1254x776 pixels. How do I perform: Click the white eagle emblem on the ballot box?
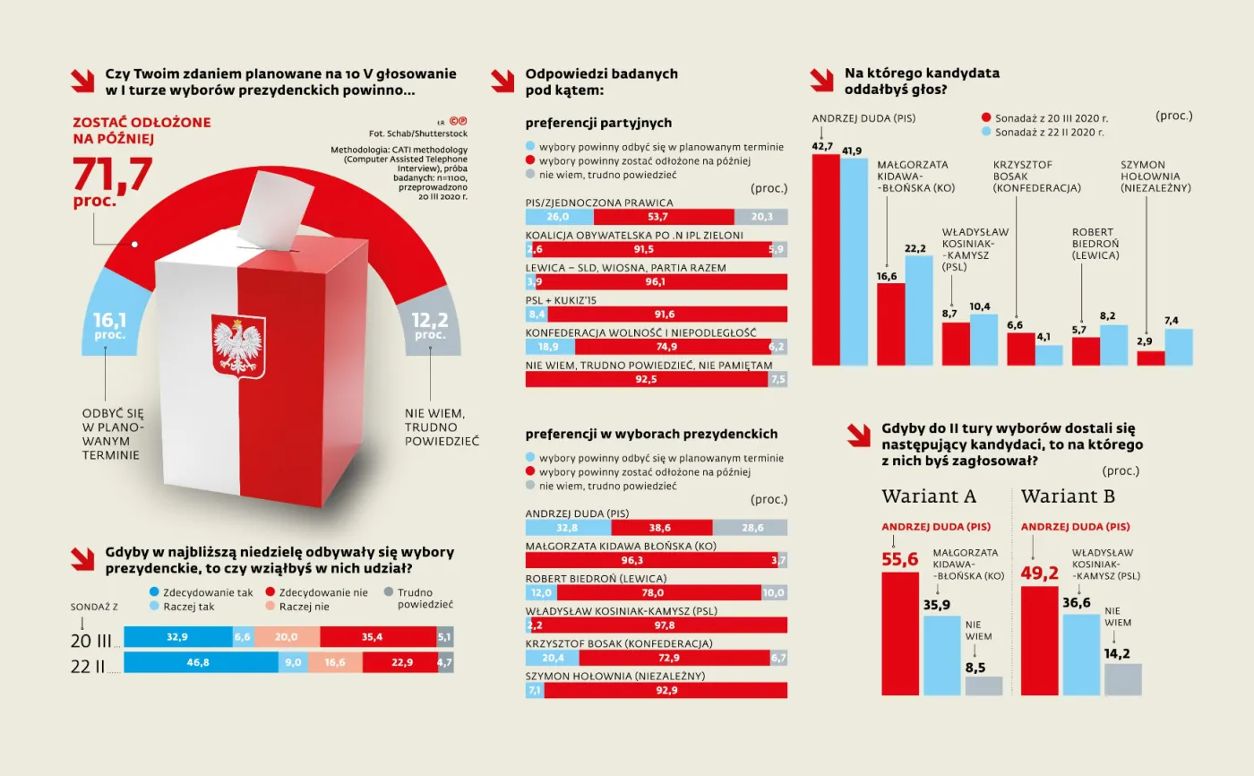coord(238,347)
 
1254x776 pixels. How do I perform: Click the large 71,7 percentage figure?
coord(112,173)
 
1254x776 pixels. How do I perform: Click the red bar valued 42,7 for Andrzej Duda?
coord(825,260)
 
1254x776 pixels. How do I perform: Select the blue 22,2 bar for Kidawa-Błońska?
coord(919,310)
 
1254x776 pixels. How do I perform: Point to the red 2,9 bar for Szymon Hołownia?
coord(1150,358)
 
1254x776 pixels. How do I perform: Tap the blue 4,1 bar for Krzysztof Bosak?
coord(1049,355)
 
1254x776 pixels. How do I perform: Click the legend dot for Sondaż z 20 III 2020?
coord(986,117)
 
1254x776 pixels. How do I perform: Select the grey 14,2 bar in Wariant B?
coord(1122,679)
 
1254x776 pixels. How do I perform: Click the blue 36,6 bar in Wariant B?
coord(1081,654)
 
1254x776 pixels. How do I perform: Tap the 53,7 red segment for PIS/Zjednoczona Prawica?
coord(664,217)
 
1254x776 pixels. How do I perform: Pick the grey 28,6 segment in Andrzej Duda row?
coord(750,528)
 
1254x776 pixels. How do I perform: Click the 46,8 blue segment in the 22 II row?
coord(201,663)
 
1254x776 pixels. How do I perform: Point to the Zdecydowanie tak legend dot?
coord(155,592)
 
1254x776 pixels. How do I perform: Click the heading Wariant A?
coord(929,496)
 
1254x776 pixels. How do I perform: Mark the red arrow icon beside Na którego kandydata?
coord(821,80)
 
